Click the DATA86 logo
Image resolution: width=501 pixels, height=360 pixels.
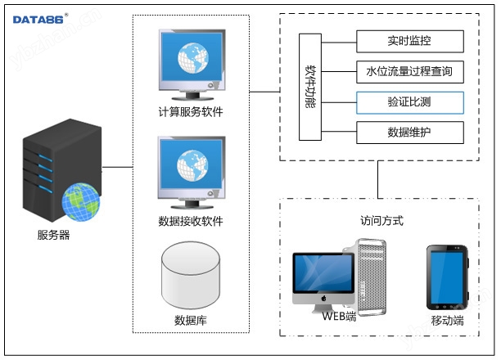(39, 18)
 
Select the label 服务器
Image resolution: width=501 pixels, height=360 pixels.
(54, 236)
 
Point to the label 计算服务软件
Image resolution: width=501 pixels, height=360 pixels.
(191, 112)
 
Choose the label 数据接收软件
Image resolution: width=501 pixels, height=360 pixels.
(191, 221)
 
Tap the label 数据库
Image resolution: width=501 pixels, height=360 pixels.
(191, 320)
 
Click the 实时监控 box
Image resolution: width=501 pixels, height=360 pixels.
(410, 41)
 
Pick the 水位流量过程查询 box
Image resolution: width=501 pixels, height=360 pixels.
(410, 72)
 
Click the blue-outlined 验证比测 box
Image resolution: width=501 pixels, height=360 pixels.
(410, 103)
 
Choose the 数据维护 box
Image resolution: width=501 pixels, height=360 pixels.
(410, 133)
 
